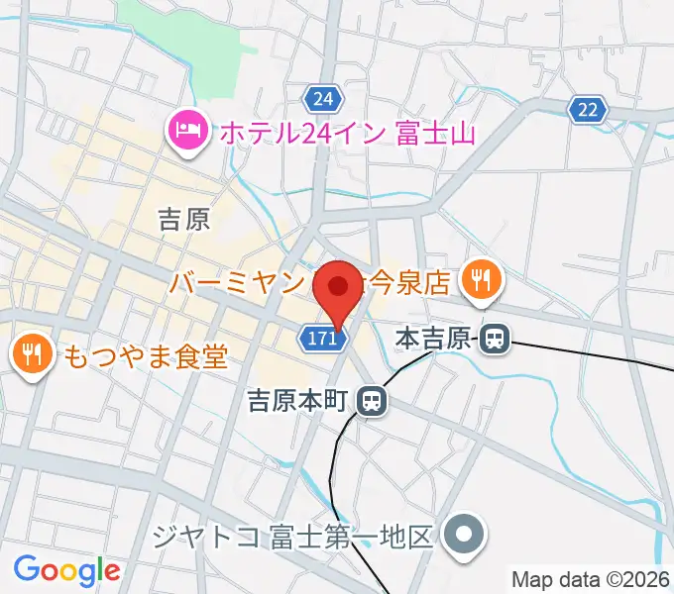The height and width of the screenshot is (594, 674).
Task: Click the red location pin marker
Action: point(338,288)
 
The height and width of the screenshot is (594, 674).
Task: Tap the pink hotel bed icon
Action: point(186,131)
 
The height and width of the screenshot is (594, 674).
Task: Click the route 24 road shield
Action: point(323,99)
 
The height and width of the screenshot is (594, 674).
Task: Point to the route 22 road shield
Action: point(588,110)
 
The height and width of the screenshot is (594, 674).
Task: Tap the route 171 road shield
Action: point(323,340)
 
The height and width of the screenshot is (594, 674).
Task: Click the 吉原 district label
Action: point(184,219)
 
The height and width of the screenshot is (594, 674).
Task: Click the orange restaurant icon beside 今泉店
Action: point(480,282)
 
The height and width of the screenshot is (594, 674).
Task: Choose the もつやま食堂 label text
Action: point(146,354)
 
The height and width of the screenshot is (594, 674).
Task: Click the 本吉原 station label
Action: point(433,340)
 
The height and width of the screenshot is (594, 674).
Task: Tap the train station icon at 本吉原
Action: point(495,341)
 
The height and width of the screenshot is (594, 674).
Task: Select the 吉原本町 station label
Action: point(296,401)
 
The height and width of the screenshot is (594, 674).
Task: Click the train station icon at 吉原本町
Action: point(372,401)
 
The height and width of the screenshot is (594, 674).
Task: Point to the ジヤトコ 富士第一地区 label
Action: point(294,538)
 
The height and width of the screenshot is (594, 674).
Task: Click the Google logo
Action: point(66,570)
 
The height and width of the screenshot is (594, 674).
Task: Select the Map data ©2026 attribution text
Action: point(591,578)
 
